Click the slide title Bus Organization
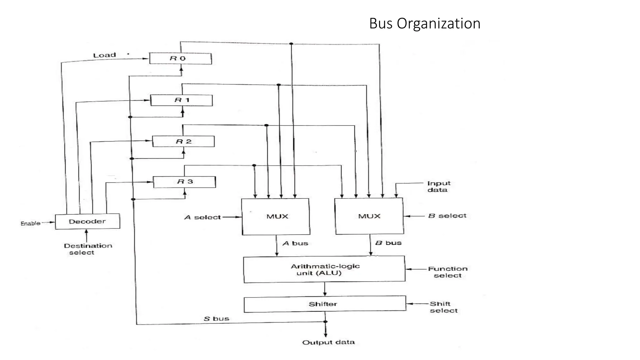pos(424,24)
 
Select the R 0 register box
pos(180,58)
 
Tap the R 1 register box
pos(182,100)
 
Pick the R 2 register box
pos(183,142)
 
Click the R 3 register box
pos(184,182)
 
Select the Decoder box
pos(87,222)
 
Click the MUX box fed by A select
pos(276,217)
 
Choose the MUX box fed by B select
pos(369,216)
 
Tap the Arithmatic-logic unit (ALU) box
pos(324,269)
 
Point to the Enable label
pos(30,223)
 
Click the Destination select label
pos(87,249)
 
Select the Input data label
pos(438,187)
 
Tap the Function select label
pos(447,272)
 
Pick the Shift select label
pos(443,307)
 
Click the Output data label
pos(328,342)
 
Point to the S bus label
pos(216,319)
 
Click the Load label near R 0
pos(104,55)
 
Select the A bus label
pos(295,243)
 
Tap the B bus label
pos(388,243)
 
